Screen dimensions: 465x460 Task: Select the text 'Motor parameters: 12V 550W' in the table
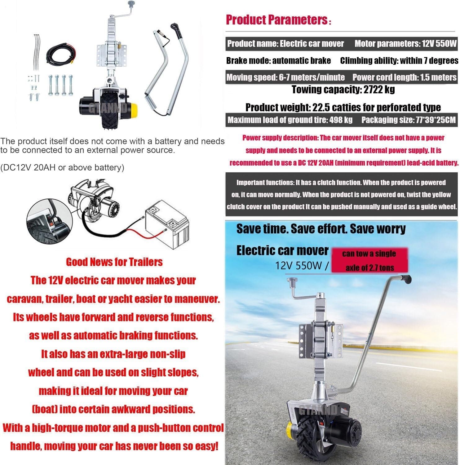coord(405,44)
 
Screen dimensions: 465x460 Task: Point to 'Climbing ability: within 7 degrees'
coord(399,60)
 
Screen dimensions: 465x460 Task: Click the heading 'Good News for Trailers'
coord(114,262)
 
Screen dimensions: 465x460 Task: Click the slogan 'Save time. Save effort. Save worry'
coord(321,229)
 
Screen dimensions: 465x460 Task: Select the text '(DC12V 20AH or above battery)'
coord(62,168)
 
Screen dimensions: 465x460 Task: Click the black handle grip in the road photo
coord(406,279)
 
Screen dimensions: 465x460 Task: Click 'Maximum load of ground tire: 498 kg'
coord(290,120)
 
